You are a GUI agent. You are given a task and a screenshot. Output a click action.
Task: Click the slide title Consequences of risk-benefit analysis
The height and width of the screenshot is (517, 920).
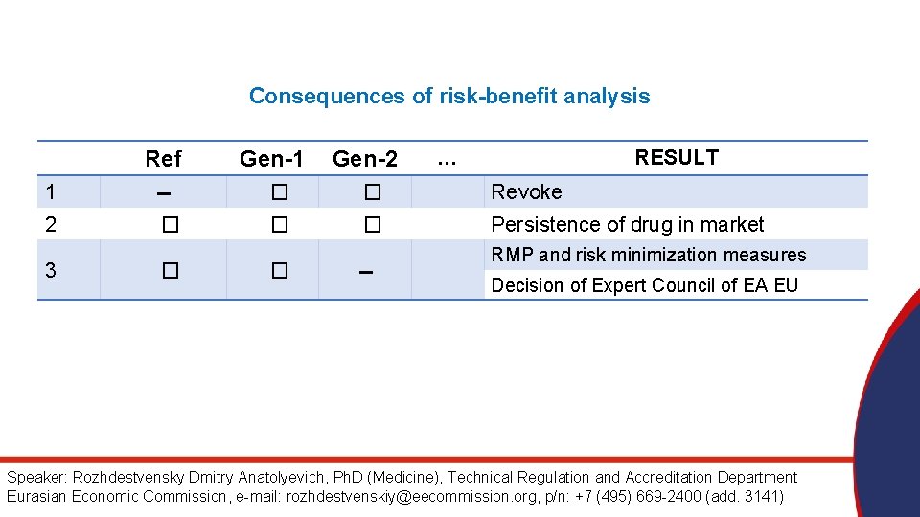[448, 96]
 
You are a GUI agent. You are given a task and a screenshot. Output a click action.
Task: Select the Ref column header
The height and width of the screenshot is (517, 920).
[163, 159]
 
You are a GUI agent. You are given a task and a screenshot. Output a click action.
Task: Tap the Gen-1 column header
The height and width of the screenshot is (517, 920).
[271, 159]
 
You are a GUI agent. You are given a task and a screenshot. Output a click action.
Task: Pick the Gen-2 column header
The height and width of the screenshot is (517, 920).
[364, 159]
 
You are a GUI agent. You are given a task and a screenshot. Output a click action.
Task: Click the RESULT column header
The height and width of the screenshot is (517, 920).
[676, 158]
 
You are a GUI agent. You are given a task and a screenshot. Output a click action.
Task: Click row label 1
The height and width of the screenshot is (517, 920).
[51, 192]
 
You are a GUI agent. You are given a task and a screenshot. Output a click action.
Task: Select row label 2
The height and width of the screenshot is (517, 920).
[51, 225]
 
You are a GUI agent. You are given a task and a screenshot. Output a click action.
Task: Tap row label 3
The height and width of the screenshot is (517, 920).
[51, 271]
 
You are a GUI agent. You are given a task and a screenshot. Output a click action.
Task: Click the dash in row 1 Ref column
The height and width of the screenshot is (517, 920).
[163, 193]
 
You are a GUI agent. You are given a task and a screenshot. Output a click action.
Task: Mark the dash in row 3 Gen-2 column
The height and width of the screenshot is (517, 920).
[364, 272]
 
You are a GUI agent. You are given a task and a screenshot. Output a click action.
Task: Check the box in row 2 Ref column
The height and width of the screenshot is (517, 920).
[170, 225]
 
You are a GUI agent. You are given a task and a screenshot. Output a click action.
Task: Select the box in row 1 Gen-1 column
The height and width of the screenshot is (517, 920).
[279, 192]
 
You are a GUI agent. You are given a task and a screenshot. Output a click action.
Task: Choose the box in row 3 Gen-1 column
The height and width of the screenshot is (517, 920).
[279, 271]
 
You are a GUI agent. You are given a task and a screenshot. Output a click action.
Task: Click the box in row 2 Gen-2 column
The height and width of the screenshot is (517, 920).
[372, 225]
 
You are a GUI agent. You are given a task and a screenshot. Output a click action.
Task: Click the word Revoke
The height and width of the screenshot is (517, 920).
[526, 192]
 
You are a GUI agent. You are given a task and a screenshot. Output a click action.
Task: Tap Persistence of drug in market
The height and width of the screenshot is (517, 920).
[627, 225]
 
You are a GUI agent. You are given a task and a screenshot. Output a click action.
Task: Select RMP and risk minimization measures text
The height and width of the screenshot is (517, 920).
[648, 255]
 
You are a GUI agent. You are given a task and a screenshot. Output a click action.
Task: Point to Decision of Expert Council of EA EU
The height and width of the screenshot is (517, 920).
[644, 285]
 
